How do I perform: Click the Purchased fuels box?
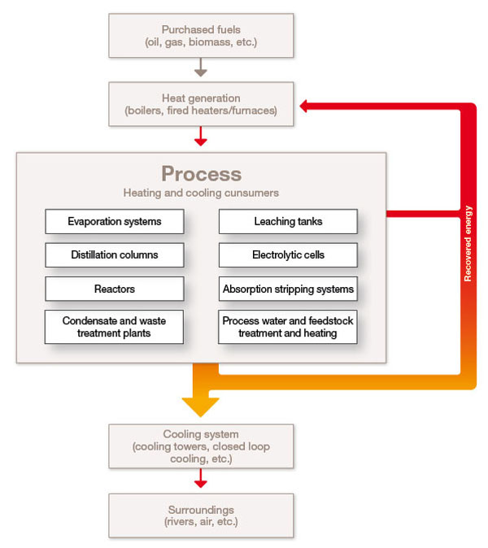pos(201,35)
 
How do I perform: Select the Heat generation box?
pos(201,104)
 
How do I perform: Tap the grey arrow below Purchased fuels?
pos(201,70)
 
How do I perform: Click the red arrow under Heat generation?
pos(201,138)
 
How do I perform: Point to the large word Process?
pos(201,174)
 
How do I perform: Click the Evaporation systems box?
pos(115,221)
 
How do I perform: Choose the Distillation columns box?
pos(115,254)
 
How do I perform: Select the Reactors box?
pos(115,289)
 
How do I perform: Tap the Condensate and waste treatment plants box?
pos(115,327)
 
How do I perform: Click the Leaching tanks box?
pos(288,221)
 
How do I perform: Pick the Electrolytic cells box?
pos(288,254)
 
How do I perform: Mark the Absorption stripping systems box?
pos(288,289)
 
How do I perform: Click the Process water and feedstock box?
pos(288,327)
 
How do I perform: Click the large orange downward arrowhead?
pos(201,403)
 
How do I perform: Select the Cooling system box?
pos(201,446)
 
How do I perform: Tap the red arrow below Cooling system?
pos(201,481)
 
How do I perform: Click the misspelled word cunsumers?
pos(252,193)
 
